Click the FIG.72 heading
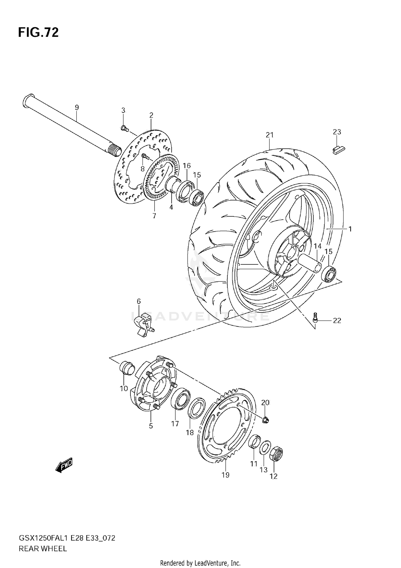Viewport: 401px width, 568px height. (x=38, y=32)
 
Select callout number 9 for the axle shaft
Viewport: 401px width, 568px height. (x=77, y=107)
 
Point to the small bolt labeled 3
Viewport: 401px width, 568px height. (x=124, y=129)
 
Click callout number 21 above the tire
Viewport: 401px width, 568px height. (x=270, y=135)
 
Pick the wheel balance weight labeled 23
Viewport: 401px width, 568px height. (x=339, y=150)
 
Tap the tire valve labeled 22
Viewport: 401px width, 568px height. (x=315, y=317)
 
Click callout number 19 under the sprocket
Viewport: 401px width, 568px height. (x=226, y=475)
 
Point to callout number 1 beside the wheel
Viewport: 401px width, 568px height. (x=350, y=229)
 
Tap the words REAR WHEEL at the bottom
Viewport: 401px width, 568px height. (x=43, y=549)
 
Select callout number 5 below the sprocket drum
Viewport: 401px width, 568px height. (x=151, y=426)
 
